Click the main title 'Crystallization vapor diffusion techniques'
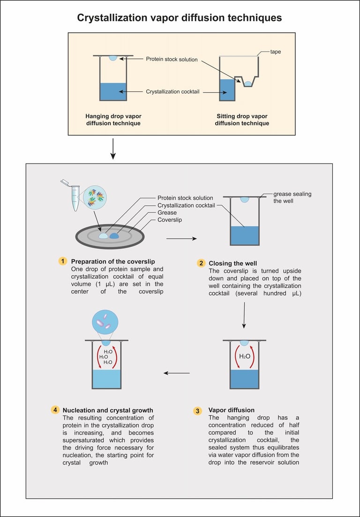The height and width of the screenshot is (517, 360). tap(180, 18)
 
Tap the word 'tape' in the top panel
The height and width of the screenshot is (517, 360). tap(276, 52)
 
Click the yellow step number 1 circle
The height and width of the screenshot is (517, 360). tap(62, 261)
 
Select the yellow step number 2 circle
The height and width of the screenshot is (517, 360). tap(201, 263)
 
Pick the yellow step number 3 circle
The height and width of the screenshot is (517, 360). tap(197, 411)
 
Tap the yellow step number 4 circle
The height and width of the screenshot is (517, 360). tap(55, 410)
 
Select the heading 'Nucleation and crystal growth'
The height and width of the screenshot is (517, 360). tap(108, 410)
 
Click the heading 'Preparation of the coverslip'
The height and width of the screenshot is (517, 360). tap(112, 261)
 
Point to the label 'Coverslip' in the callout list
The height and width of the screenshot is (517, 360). tap(170, 219)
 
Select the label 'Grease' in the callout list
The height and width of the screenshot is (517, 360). tap(167, 212)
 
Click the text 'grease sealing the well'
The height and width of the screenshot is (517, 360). tap(292, 197)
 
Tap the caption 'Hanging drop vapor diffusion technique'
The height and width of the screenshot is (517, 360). tap(113, 119)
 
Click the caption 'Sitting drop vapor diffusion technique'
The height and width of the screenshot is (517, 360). tap(242, 119)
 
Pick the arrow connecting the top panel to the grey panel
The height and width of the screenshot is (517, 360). tap(113, 150)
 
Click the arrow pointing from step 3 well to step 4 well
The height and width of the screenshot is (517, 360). tap(176, 373)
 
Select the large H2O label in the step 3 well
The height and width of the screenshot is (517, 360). tap(245, 356)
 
